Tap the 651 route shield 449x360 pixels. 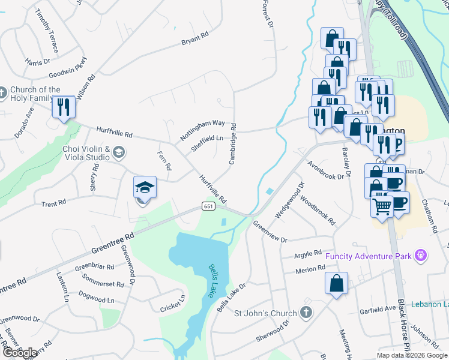[208, 206]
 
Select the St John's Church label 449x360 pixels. [265, 313]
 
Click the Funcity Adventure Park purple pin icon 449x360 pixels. [421, 256]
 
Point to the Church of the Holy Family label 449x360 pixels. [35, 94]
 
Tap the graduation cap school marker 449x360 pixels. [144, 187]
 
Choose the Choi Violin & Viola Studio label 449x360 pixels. [86, 153]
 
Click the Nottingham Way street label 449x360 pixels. [202, 130]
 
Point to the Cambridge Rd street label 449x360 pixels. [233, 144]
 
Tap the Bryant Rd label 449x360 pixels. [194, 43]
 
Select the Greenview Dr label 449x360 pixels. [270, 232]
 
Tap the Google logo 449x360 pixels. [20, 353]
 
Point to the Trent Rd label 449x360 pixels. [53, 204]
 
